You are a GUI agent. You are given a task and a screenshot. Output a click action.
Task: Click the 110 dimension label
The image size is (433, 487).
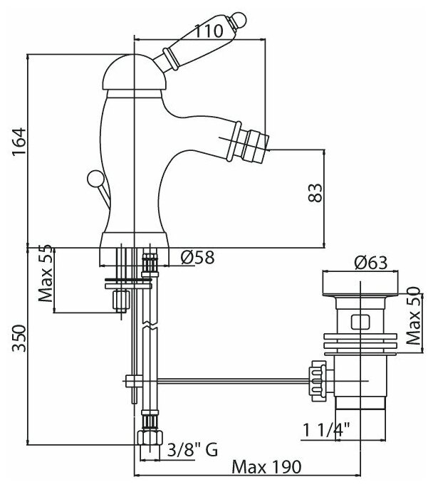[209, 31]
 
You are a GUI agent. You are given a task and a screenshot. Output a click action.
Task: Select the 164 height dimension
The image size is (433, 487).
[19, 142]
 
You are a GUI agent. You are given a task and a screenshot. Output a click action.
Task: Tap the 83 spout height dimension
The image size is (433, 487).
[315, 193]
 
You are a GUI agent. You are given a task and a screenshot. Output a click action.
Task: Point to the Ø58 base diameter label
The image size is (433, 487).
[198, 257]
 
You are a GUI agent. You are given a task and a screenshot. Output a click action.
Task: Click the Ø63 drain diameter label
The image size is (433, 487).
[371, 263]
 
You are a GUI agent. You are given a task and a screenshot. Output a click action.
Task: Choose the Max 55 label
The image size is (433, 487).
[46, 273]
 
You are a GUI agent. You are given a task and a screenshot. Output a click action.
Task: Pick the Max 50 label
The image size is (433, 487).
[414, 316]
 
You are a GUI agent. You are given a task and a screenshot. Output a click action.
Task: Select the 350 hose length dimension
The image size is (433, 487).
[19, 338]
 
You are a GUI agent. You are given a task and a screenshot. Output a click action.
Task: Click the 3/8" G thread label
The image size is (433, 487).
[192, 449]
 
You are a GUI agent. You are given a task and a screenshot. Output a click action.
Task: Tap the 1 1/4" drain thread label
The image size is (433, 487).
[326, 430]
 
